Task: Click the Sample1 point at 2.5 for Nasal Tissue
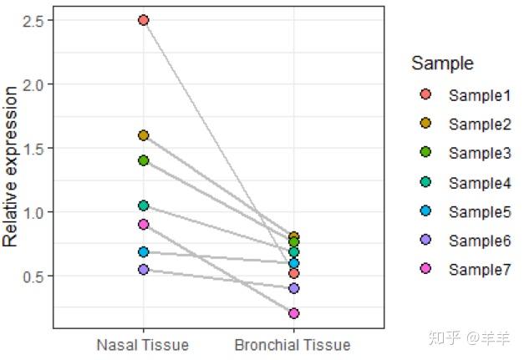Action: (144, 20)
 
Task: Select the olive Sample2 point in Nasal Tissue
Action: (144, 135)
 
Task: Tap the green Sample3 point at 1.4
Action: (144, 160)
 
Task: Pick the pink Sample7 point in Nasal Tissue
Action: (144, 225)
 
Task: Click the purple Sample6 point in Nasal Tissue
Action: (144, 270)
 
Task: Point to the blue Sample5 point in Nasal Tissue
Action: (144, 251)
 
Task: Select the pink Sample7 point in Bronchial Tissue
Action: (293, 313)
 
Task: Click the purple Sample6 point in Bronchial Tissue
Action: (293, 288)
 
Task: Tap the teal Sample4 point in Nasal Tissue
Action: (144, 205)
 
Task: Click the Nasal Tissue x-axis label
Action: (143, 345)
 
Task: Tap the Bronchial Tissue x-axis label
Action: (293, 345)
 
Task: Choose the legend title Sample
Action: (442, 63)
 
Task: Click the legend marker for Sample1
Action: (425, 95)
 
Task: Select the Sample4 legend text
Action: (479, 183)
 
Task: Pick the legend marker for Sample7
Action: (425, 270)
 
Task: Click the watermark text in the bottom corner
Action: (471, 339)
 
